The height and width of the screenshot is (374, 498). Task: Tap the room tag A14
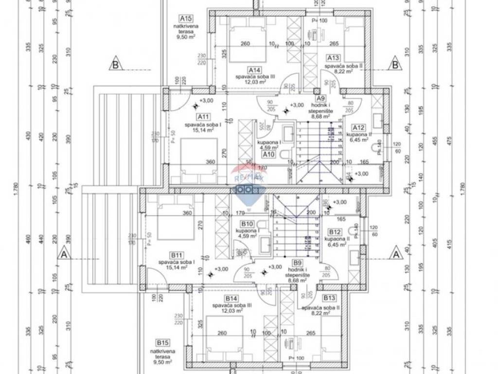coord(253,70)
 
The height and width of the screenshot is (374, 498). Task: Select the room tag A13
coord(333,57)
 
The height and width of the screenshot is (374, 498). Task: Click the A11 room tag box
coord(203,117)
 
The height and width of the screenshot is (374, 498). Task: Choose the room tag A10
coord(269,154)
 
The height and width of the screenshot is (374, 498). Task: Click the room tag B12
coord(334,232)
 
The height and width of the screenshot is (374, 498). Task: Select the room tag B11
coord(176,255)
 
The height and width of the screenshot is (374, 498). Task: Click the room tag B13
coord(329,298)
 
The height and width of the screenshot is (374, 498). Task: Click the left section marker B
coord(116,63)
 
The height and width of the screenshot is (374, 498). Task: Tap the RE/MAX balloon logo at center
coord(246,183)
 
